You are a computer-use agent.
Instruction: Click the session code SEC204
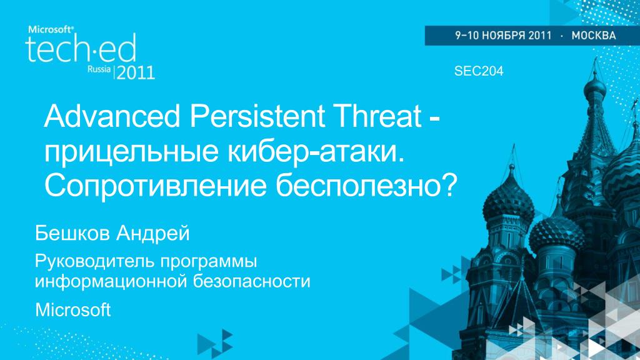coord(479,71)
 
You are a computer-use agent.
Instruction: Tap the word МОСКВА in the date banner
coord(594,36)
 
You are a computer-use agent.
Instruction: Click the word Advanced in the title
coord(112,116)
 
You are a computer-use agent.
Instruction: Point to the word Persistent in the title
coord(257,116)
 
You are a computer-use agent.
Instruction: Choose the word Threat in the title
coord(378,116)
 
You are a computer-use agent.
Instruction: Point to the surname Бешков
coord(72,234)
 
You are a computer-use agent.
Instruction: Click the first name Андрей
coord(152,234)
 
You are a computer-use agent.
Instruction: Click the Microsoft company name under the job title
coord(72,310)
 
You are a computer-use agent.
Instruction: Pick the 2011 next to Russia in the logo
coord(136,72)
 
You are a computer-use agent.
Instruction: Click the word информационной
coord(111,282)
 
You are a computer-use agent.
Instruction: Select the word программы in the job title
coord(209,262)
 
